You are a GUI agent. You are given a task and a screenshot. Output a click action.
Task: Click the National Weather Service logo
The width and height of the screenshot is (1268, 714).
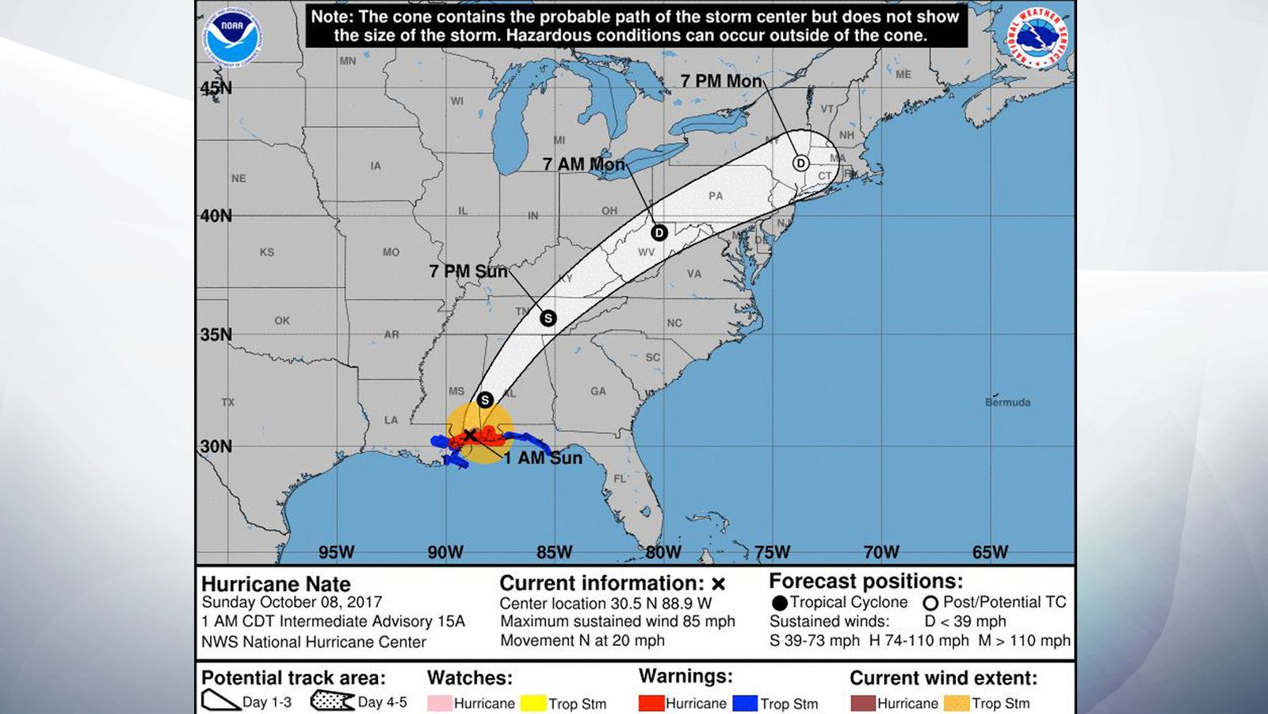click(1037, 37)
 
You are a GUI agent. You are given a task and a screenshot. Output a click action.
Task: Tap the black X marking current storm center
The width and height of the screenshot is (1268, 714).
click(469, 435)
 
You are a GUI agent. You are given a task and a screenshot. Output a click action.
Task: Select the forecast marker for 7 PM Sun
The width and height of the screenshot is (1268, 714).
click(548, 318)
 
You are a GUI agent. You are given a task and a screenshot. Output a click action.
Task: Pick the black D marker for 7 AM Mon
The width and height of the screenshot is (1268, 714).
click(659, 232)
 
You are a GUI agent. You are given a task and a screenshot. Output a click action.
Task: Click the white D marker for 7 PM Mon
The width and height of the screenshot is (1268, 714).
click(800, 163)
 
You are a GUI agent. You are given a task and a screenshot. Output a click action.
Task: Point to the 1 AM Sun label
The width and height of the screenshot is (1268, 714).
click(543, 458)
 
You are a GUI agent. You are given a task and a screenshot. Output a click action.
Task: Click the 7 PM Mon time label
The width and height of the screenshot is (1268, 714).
click(721, 81)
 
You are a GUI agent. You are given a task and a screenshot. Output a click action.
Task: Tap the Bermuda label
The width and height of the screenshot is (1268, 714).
click(1007, 402)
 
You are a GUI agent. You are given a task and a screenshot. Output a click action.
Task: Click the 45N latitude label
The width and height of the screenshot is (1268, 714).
click(216, 88)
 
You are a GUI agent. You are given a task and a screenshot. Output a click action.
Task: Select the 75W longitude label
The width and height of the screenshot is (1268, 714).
click(771, 552)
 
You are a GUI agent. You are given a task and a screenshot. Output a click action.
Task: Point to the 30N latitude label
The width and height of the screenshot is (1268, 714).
click(216, 446)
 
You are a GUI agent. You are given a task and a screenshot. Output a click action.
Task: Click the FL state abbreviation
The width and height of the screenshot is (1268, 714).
click(620, 478)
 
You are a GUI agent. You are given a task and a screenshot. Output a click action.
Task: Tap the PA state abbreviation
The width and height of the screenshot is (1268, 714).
click(716, 195)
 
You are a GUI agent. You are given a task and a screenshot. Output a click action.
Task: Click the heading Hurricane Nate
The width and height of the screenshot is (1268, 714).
click(276, 584)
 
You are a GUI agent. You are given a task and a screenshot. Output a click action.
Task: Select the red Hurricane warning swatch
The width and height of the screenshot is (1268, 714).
click(651, 703)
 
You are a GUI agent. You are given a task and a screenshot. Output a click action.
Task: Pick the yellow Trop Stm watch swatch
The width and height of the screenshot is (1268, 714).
click(533, 703)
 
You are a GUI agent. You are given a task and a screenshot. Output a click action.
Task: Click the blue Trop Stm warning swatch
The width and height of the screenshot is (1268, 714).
click(745, 703)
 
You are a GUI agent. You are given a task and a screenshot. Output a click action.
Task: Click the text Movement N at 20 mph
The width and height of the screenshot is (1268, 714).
click(582, 640)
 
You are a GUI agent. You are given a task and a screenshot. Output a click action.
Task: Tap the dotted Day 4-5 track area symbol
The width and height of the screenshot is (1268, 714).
click(331, 701)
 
